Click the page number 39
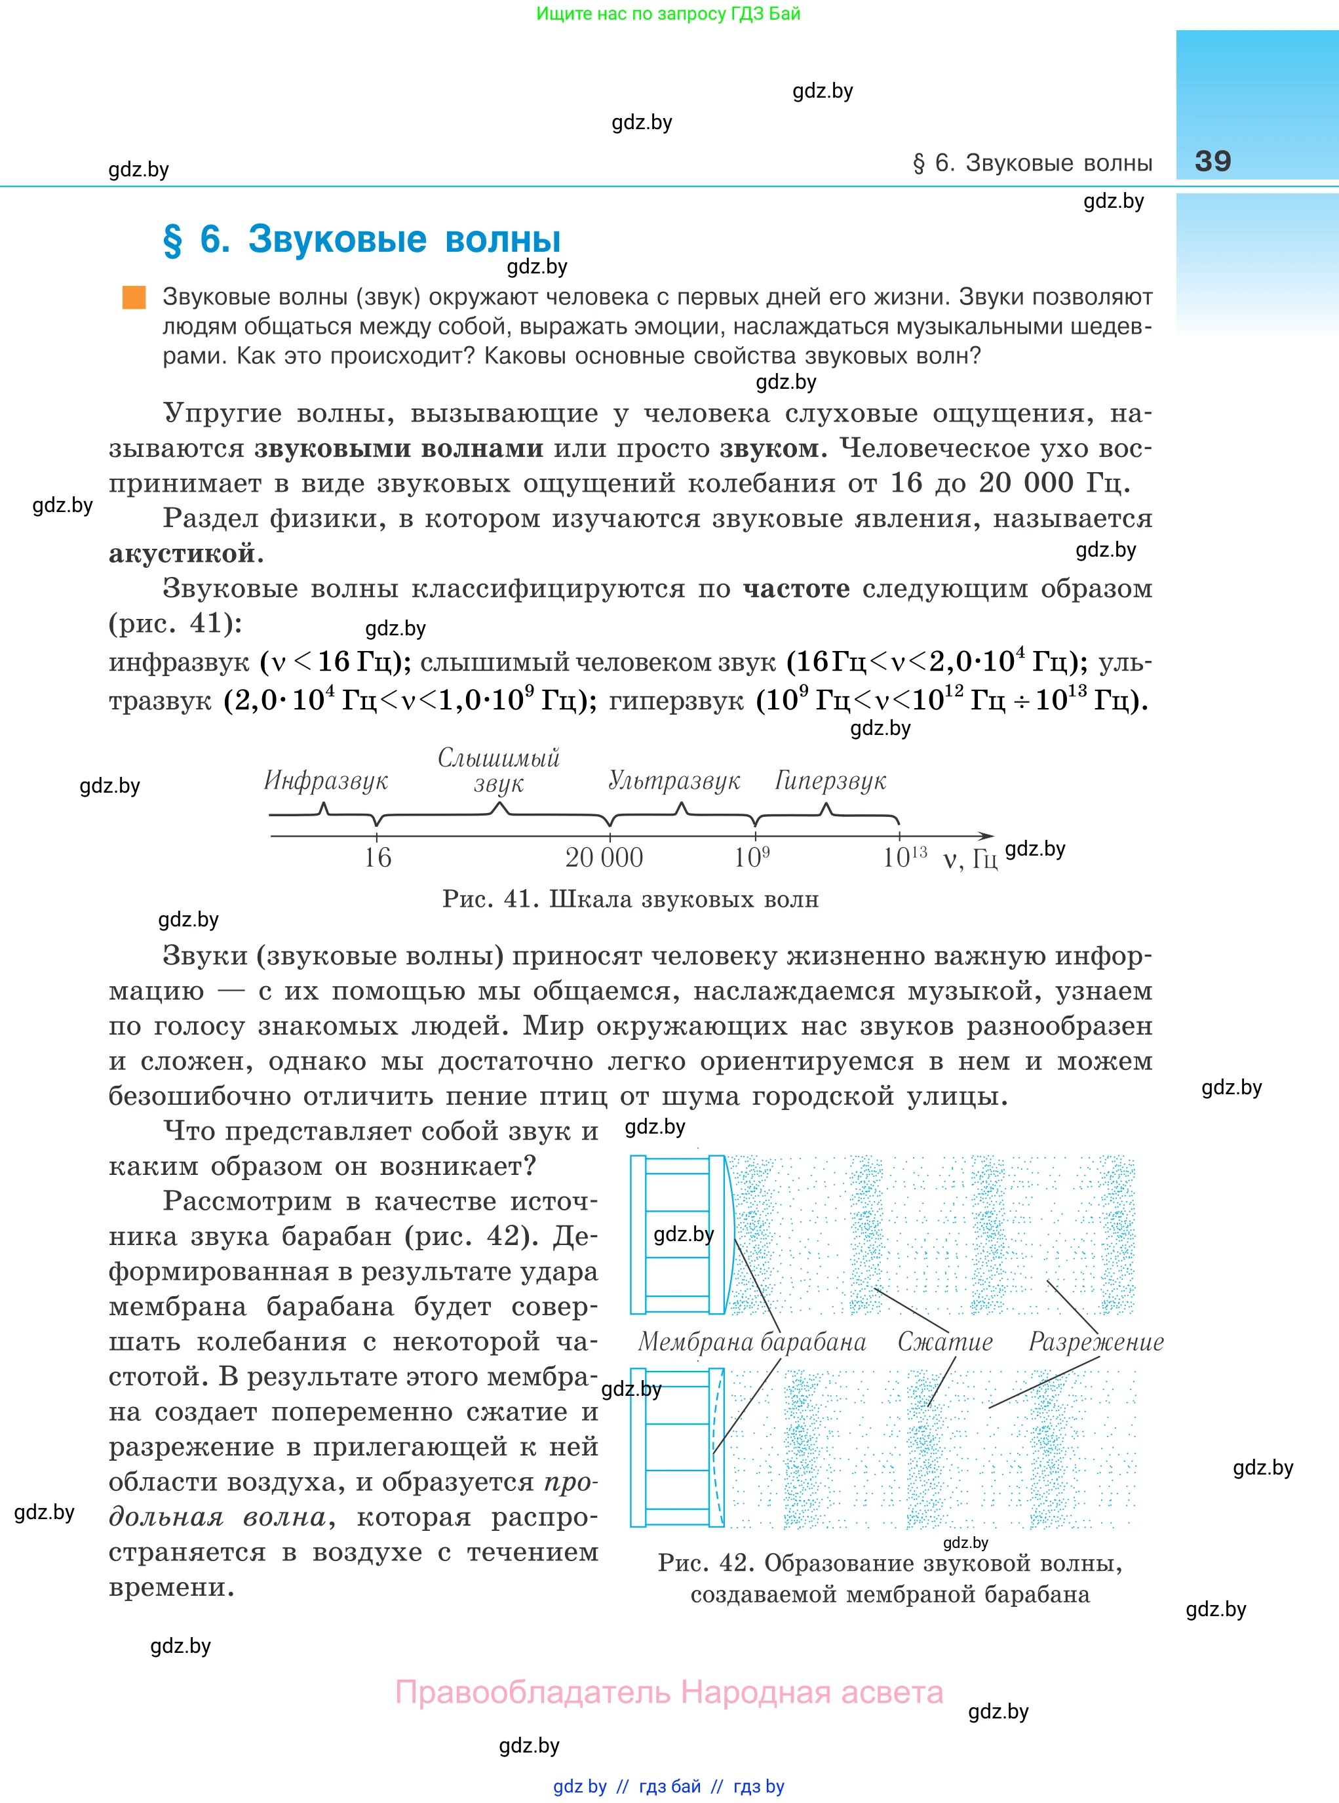coord(1213,161)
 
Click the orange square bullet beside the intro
coord(134,297)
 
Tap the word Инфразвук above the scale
coord(326,780)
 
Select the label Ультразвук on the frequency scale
coord(674,780)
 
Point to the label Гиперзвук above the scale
coord(830,780)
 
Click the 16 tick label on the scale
coord(377,857)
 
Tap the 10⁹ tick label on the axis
coord(751,857)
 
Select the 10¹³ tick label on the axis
coord(904,857)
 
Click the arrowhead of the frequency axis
coord(986,836)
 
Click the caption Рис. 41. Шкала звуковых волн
coord(630,899)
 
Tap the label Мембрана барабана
coord(751,1341)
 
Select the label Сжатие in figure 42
coord(944,1341)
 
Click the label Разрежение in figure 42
coord(1096,1341)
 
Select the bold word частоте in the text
coord(796,589)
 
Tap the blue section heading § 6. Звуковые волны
coord(362,239)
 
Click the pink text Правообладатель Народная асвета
coord(669,1693)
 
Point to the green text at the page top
coord(668,14)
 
